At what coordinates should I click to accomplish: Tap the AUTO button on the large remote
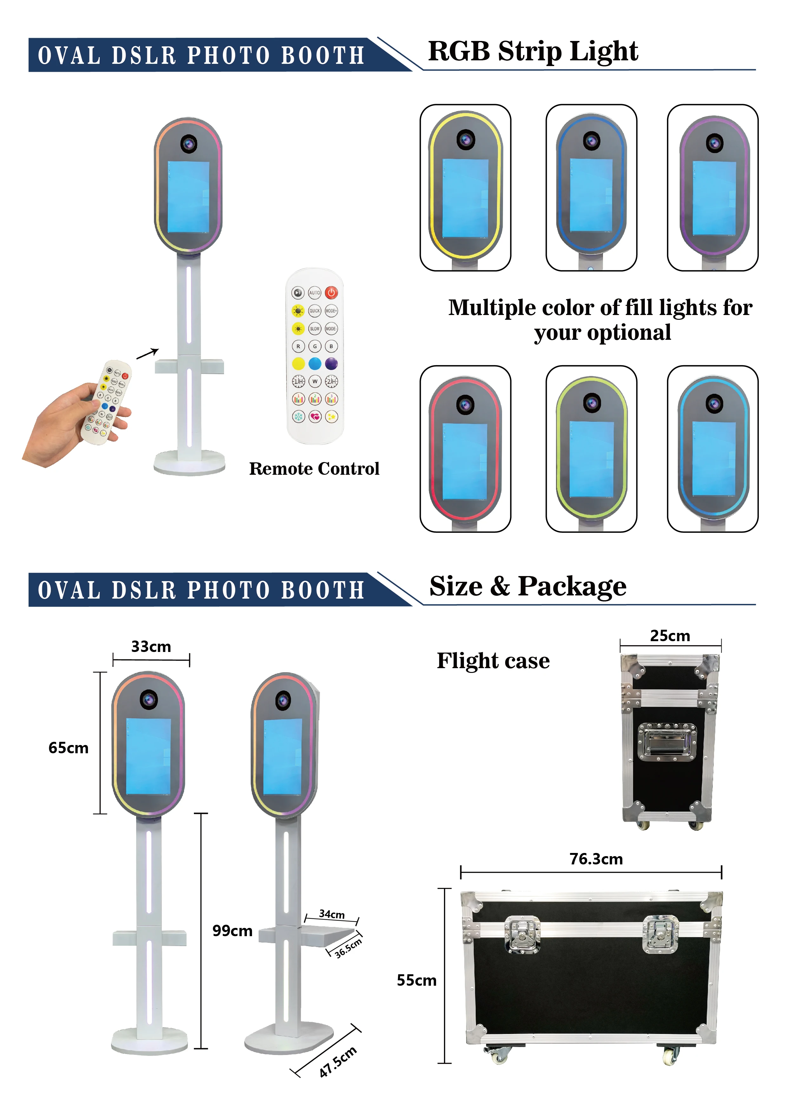coord(315,292)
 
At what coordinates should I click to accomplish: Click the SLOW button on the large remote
coord(315,328)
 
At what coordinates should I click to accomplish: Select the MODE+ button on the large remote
coord(331,311)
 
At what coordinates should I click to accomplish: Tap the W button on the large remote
coord(315,381)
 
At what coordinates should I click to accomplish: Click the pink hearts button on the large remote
coord(315,416)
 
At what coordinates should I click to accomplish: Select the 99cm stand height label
coord(232,930)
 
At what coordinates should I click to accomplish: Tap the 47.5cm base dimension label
coord(338,1062)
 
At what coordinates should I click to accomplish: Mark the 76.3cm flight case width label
coord(596,859)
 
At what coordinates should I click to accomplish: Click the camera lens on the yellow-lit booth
coord(466,140)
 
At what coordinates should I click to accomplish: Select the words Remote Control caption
coord(314,469)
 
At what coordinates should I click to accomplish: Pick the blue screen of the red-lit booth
coord(465,460)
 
